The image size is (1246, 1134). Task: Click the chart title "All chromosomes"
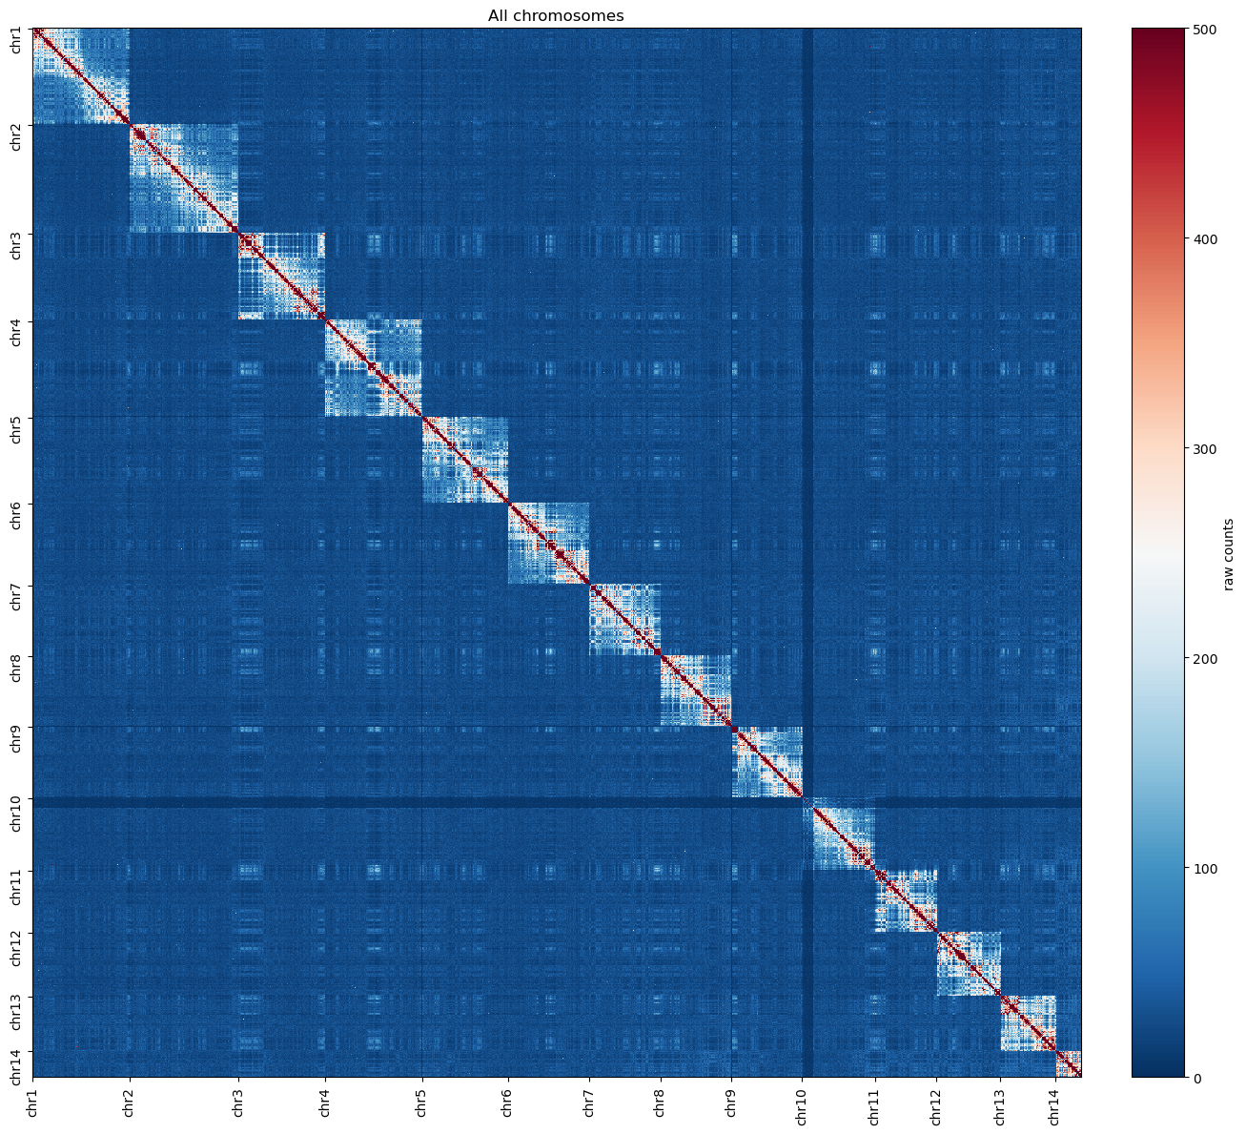(x=555, y=16)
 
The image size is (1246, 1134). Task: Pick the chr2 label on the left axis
(x=16, y=136)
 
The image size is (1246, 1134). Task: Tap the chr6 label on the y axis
(x=16, y=516)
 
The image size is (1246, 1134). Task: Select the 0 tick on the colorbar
(x=1197, y=1078)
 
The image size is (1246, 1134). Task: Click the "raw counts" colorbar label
(x=1228, y=554)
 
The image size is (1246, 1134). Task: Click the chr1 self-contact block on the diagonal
(x=81, y=76)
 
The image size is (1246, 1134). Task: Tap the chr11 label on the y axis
(x=16, y=889)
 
